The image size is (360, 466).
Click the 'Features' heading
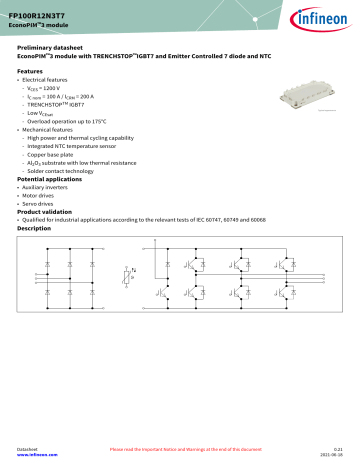(x=31, y=71)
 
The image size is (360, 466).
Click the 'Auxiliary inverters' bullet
(x=49, y=188)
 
